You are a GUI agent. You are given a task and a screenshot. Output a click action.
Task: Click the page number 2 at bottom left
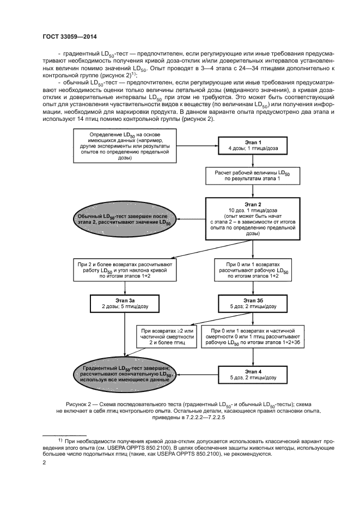pos(44,463)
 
